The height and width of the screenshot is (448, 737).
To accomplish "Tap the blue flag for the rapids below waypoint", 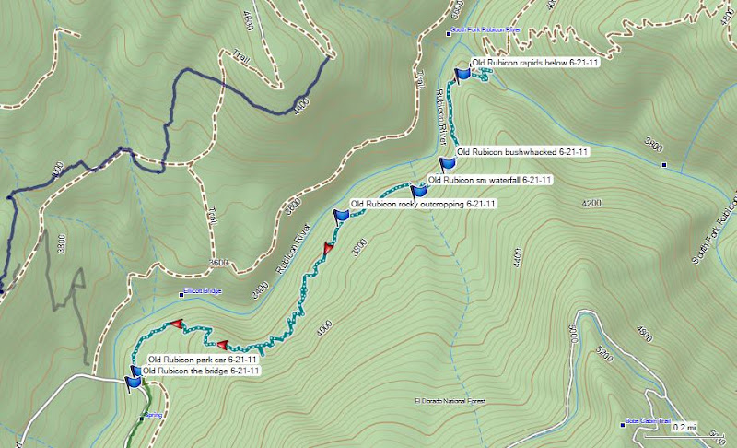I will pyautogui.click(x=462, y=73).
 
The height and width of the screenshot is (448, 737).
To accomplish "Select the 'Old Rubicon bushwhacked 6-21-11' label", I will pyautogui.click(x=521, y=151).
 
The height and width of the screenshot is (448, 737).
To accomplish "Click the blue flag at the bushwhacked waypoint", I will pyautogui.click(x=448, y=165).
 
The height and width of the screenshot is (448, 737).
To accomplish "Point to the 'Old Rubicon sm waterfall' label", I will pyautogui.click(x=490, y=179).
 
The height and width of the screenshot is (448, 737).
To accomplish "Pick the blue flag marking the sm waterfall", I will pyautogui.click(x=419, y=190).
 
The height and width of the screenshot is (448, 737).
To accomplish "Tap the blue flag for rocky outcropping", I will pyautogui.click(x=343, y=215).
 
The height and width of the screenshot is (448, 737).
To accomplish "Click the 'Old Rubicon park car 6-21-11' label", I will pyautogui.click(x=201, y=360).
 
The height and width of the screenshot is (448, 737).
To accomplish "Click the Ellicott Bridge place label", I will pyautogui.click(x=202, y=293).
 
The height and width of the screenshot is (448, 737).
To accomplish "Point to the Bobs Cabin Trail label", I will pyautogui.click(x=644, y=419).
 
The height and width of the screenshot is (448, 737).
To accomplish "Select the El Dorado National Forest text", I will pyautogui.click(x=450, y=402).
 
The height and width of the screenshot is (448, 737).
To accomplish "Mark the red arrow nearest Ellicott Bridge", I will pyautogui.click(x=177, y=324).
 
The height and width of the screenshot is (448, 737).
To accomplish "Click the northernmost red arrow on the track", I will pyautogui.click(x=328, y=248).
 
